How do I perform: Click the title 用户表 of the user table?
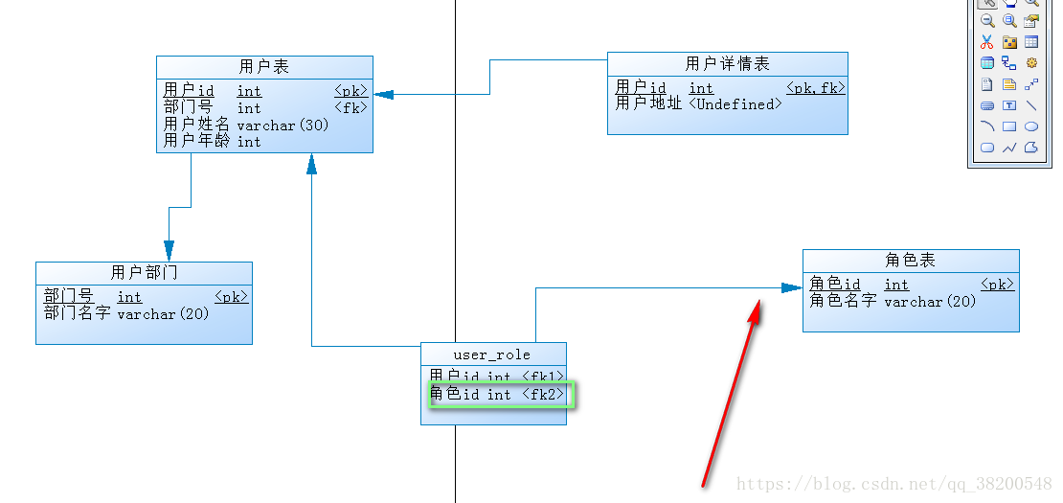click(263, 67)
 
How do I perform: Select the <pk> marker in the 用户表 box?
click(351, 91)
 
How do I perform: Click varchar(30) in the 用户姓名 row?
click(283, 125)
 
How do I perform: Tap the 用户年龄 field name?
click(196, 141)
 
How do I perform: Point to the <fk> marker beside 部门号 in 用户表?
click(351, 107)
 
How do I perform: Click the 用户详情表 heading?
click(727, 64)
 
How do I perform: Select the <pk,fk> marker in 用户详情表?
click(816, 88)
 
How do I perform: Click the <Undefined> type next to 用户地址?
click(735, 104)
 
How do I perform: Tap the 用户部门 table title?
click(144, 273)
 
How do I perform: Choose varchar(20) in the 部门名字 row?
click(163, 313)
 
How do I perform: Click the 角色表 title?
click(911, 261)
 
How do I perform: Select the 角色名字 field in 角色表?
click(843, 301)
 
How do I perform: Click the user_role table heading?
click(492, 354)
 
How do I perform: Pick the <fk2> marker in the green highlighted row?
click(543, 395)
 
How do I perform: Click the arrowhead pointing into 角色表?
click(792, 287)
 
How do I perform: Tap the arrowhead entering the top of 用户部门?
click(170, 251)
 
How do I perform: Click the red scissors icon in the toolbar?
click(986, 42)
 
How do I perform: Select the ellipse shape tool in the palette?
click(1031, 126)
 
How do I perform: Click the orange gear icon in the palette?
click(1031, 63)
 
